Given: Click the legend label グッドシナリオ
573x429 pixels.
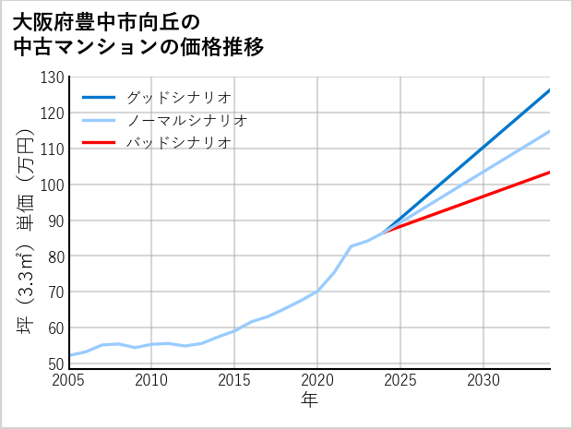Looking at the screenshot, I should [x=179, y=97].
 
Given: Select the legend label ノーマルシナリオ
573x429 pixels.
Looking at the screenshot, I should [x=187, y=120].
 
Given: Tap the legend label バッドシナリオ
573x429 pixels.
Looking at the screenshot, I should [x=179, y=143].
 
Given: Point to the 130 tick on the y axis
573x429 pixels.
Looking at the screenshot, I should [x=54, y=77].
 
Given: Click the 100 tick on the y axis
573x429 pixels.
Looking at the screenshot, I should [x=54, y=185].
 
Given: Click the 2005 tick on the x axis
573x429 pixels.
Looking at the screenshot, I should [x=69, y=380].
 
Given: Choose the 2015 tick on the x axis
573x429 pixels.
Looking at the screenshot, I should [x=234, y=380].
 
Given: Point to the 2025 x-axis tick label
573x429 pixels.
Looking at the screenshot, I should [x=400, y=380].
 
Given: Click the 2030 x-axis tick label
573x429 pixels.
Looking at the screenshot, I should [x=483, y=380].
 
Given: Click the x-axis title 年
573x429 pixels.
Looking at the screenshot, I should [x=309, y=400].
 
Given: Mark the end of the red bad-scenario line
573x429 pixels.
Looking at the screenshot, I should [x=549, y=173].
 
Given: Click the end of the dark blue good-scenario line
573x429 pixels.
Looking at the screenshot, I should [x=549, y=90].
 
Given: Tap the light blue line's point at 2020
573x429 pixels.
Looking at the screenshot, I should [x=317, y=291].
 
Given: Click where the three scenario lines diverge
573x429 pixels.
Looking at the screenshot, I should [x=384, y=232].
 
